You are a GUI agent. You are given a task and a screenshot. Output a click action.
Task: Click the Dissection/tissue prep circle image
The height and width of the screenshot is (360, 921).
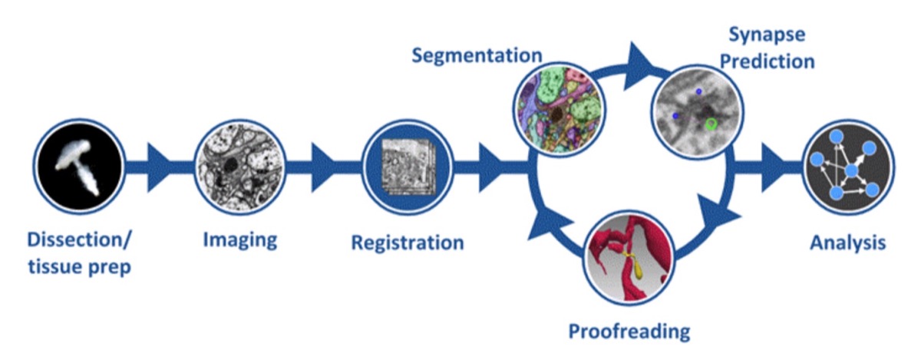point(79,164)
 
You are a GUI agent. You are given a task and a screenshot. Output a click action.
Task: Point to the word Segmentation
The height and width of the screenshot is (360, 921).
point(476,56)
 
